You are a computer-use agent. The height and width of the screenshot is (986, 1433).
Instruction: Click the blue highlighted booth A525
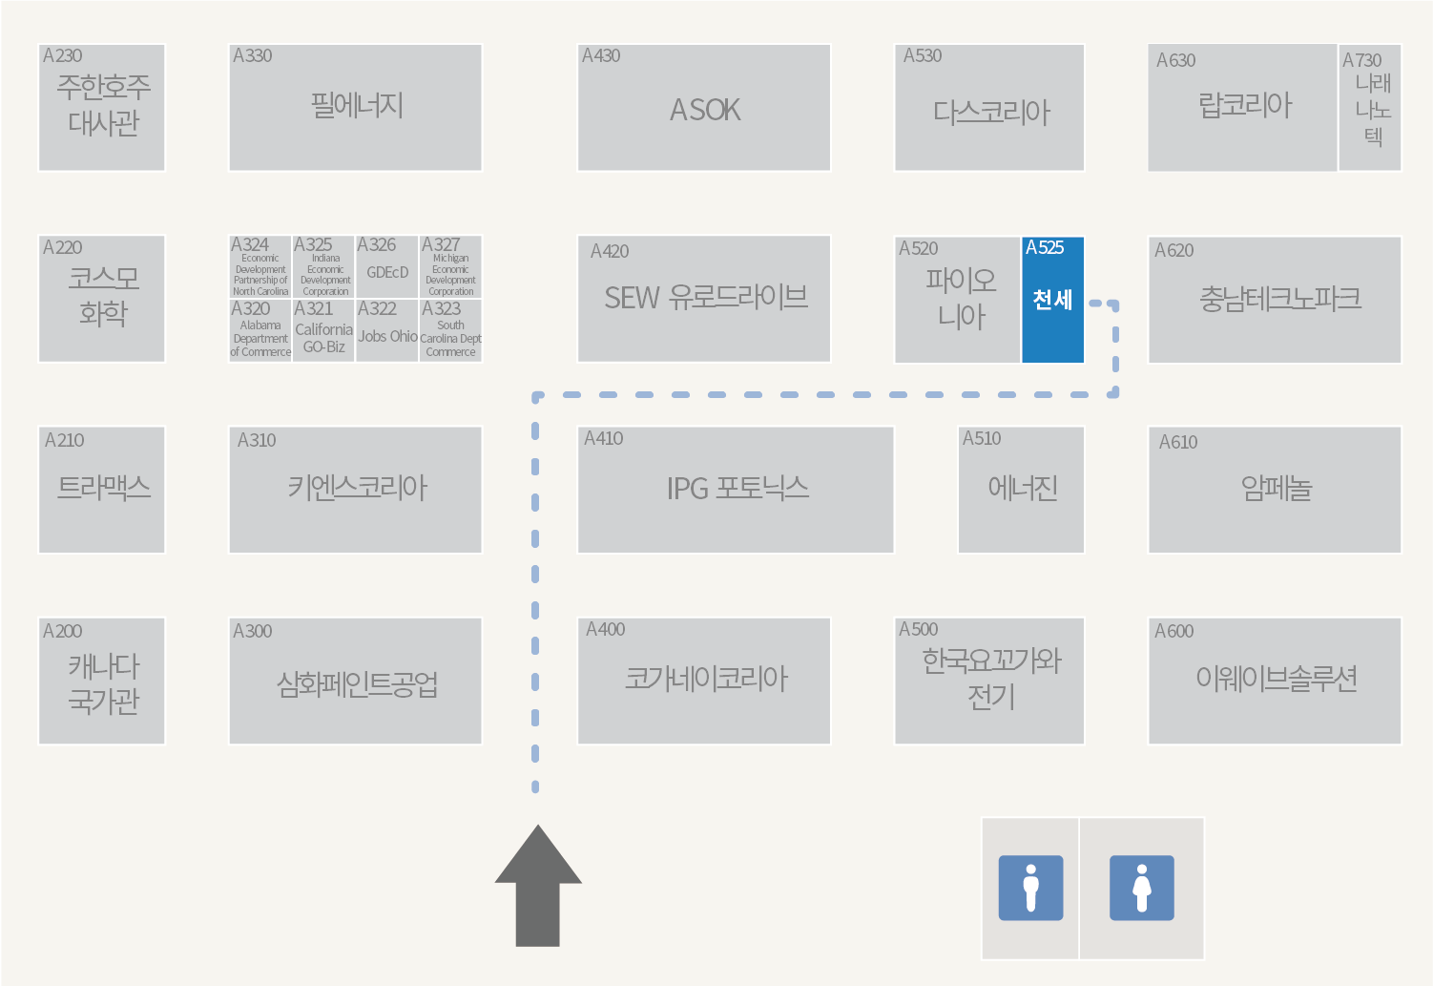point(1052,300)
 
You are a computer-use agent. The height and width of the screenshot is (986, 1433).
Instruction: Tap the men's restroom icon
point(1030,888)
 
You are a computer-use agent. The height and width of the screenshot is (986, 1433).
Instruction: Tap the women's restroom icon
point(1141,888)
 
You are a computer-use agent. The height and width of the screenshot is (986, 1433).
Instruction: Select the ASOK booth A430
point(704,108)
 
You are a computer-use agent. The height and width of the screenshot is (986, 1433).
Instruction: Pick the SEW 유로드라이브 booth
point(704,299)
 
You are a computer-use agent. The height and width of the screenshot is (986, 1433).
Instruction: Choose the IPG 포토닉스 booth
point(736,490)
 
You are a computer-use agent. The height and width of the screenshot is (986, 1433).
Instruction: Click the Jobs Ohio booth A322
point(386,331)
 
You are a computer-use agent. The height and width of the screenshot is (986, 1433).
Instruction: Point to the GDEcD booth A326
point(386,267)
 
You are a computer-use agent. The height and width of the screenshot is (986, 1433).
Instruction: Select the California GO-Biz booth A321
point(323,331)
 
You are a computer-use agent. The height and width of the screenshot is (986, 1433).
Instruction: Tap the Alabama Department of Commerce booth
point(260,331)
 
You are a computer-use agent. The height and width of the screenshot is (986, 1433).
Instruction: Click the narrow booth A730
point(1370,108)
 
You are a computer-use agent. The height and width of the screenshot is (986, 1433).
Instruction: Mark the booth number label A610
point(1177,442)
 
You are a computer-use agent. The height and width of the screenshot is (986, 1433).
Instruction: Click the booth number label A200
point(62,631)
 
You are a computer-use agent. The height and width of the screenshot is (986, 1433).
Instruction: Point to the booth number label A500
point(918,629)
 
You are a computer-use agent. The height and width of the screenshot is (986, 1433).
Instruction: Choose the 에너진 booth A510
point(1021,490)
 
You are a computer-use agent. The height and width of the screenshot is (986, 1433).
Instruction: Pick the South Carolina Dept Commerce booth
point(450,331)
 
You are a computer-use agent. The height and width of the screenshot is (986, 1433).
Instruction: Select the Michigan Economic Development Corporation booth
point(450,267)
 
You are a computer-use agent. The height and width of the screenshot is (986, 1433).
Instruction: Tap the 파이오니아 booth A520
point(958,300)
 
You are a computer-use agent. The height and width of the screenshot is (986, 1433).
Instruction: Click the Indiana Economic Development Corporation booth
point(323,267)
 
